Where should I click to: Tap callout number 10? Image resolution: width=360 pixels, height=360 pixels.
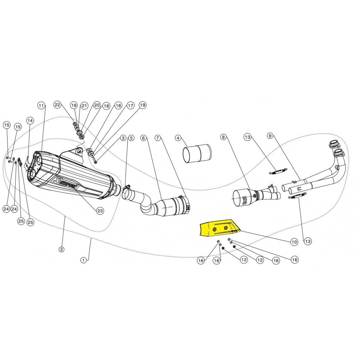[294, 242]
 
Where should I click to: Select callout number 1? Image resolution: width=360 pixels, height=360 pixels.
[84, 260]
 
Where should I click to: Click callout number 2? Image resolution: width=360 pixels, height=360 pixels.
[61, 249]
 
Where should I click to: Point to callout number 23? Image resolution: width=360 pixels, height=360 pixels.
[100, 211]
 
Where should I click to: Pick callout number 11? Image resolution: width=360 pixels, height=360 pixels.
[41, 105]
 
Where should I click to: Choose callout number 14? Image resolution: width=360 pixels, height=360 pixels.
[30, 120]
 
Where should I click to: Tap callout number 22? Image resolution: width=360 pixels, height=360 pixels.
[57, 105]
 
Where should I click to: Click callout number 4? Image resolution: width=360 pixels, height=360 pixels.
[178, 138]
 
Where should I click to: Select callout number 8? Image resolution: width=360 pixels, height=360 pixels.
[223, 137]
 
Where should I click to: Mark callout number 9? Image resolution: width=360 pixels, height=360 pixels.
[270, 136]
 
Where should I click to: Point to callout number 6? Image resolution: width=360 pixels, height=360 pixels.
[144, 138]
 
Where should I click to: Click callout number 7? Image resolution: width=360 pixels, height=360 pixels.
[158, 138]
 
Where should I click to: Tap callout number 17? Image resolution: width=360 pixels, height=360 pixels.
[130, 105]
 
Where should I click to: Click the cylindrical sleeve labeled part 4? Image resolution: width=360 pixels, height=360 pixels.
[197, 153]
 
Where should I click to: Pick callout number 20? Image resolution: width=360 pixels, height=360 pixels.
[96, 105]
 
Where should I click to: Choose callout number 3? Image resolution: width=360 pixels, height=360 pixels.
[123, 138]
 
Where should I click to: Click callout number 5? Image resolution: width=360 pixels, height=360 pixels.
[131, 138]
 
